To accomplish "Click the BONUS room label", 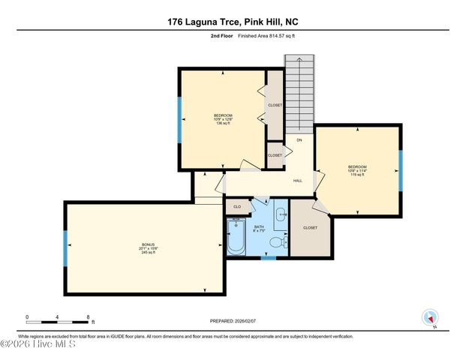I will [x=148, y=247].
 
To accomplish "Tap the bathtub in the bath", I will [x=236, y=238].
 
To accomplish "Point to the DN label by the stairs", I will [x=299, y=140].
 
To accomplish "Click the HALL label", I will [x=297, y=181].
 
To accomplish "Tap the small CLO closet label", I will [x=236, y=206].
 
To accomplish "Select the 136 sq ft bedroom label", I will [x=223, y=118].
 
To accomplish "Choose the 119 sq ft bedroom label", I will [x=356, y=169].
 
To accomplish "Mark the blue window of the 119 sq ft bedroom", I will [x=400, y=170].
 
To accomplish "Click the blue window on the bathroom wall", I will [x=268, y=257].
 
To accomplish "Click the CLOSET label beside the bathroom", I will [x=310, y=227].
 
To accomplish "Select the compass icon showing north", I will [x=429, y=318].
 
